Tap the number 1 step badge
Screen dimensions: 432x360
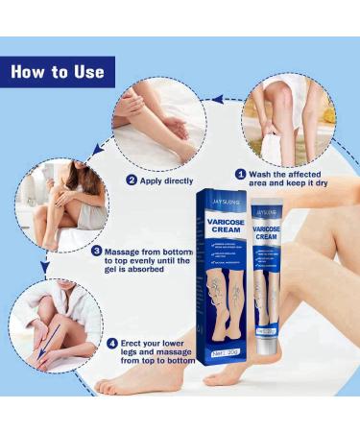(241, 174)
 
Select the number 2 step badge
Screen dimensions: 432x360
(132, 180)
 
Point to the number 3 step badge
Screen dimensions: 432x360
(98, 252)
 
